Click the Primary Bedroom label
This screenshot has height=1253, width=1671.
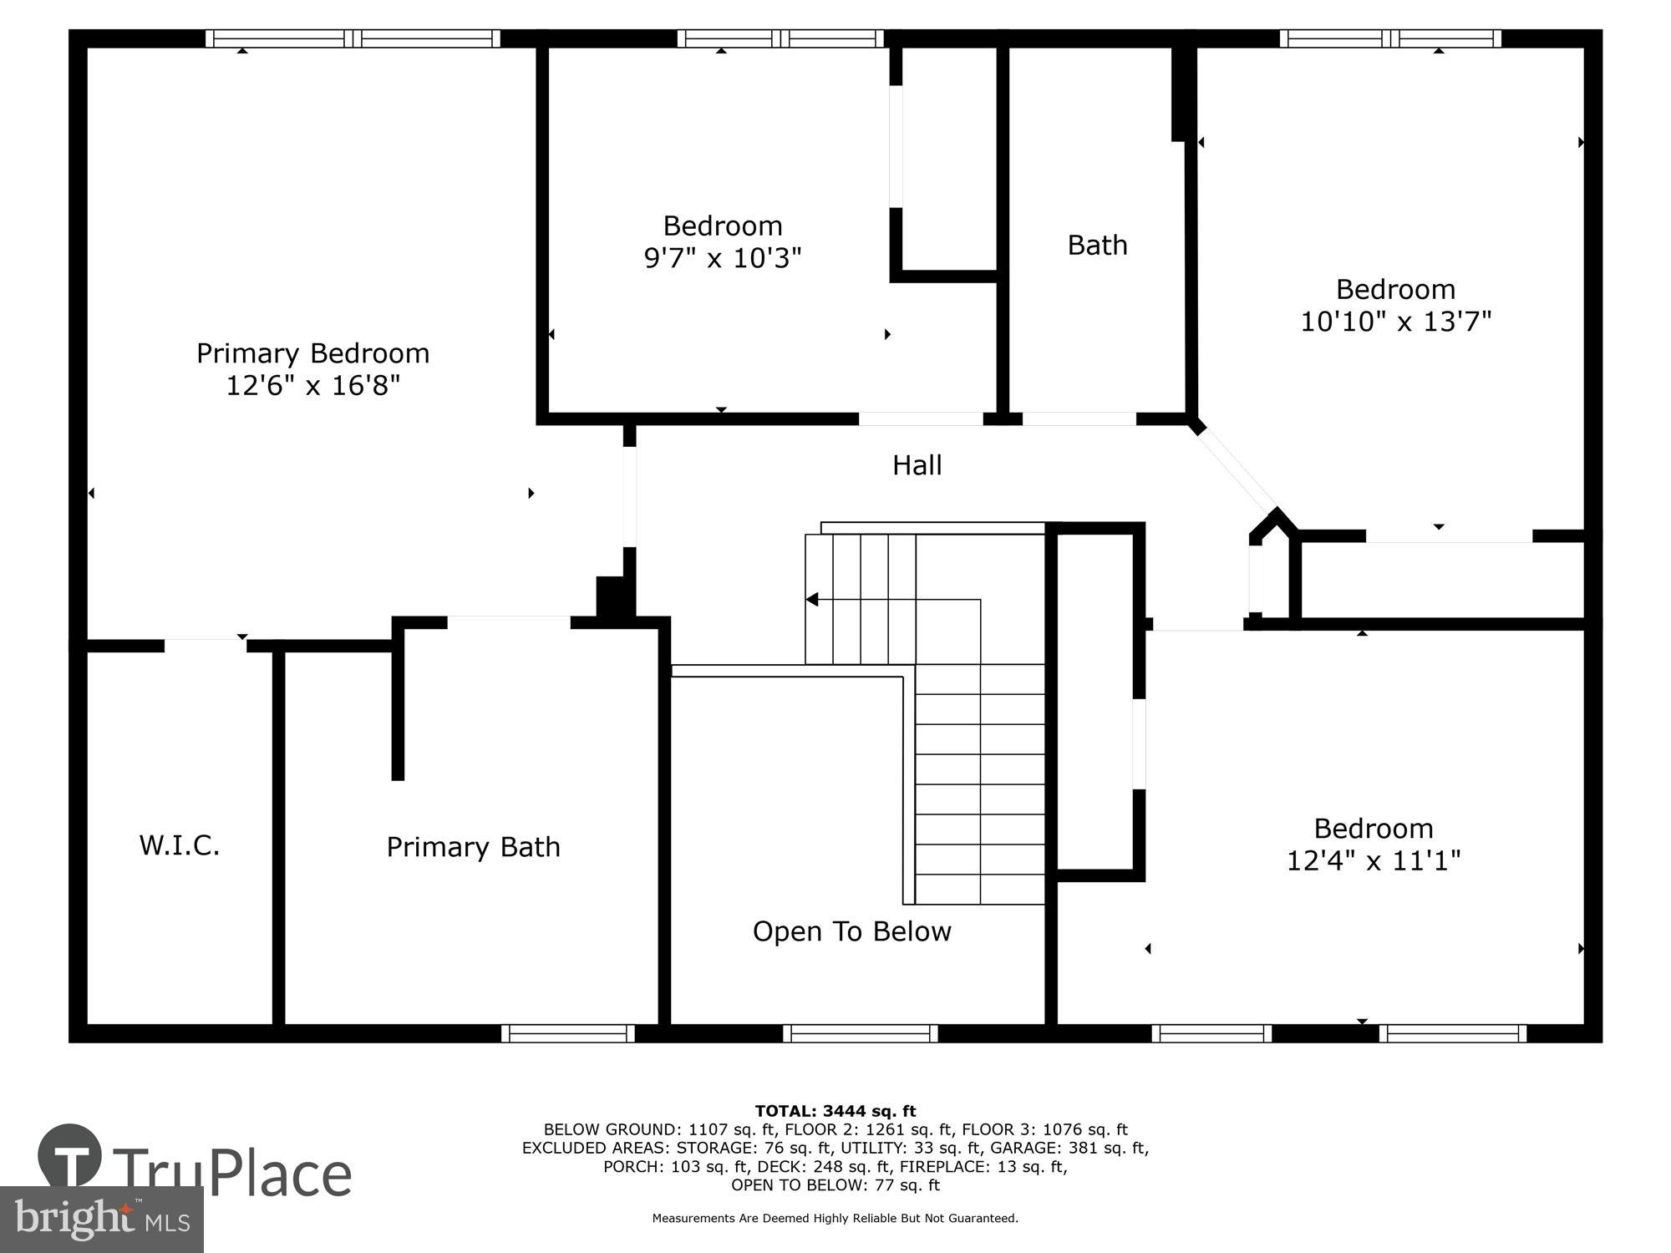tap(312, 353)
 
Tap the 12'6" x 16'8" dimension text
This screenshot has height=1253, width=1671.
tap(312, 386)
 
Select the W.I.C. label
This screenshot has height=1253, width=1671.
tap(179, 845)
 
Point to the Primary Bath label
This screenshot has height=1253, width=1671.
tap(473, 847)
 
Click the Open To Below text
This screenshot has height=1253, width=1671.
tap(851, 931)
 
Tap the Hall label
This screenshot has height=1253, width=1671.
tap(917, 465)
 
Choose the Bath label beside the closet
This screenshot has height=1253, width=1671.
tap(1097, 246)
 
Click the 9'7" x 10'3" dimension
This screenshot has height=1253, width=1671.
tap(722, 258)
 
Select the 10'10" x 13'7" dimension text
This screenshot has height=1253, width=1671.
tap(1395, 322)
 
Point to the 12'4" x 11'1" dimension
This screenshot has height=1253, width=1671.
tap(1373, 860)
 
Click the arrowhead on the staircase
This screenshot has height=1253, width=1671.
tap(811, 600)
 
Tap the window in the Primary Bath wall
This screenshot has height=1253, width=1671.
tap(568, 1033)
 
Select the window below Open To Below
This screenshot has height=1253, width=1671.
tap(861, 1033)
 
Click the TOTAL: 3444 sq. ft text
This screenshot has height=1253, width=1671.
tap(835, 1111)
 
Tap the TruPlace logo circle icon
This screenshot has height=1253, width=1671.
tap(70, 1156)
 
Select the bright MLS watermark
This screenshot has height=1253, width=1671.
tap(101, 1220)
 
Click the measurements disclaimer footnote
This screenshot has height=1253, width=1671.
tap(835, 1219)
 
